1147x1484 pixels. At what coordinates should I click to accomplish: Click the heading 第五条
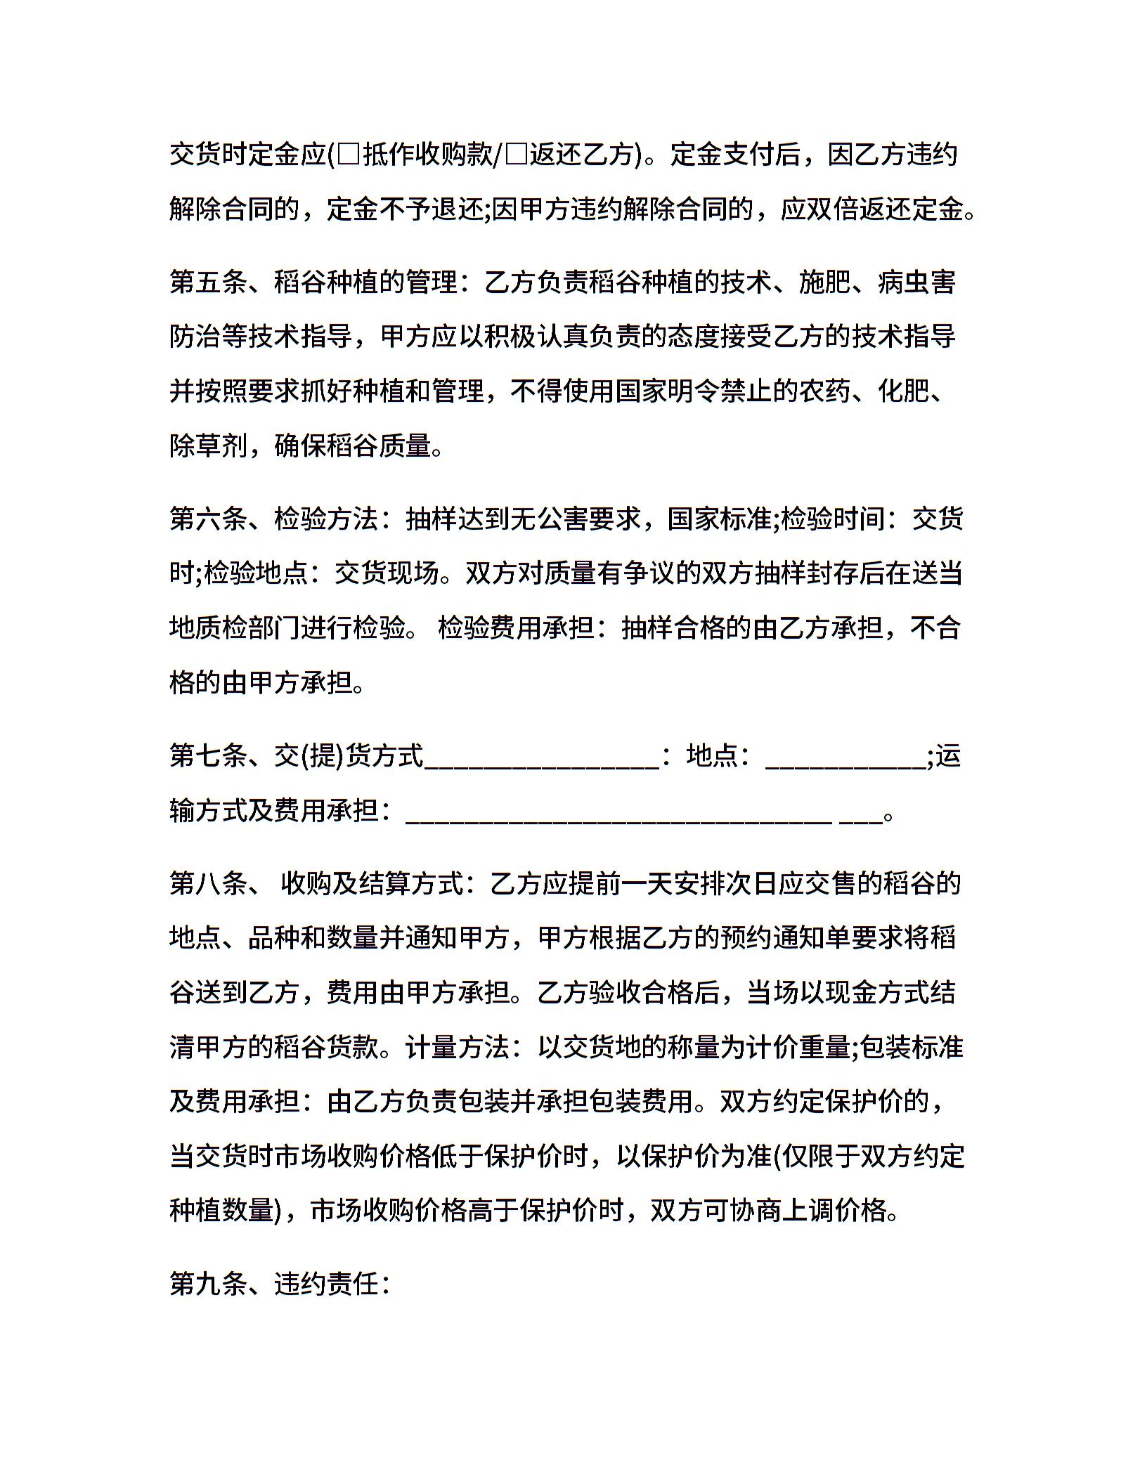[208, 282]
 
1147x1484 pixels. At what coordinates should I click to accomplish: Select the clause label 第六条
[208, 519]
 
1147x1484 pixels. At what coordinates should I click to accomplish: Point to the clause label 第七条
[208, 756]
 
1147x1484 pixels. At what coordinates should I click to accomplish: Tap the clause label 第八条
[208, 883]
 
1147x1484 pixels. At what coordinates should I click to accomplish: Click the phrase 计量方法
[458, 1048]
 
